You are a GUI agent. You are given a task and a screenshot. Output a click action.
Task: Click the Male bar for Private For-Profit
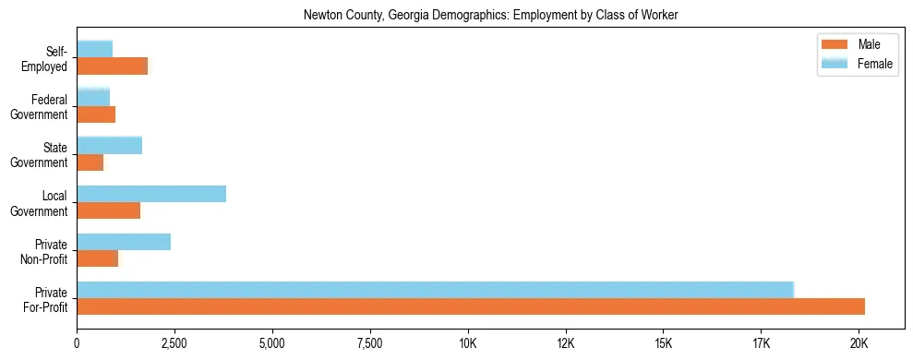tap(471, 306)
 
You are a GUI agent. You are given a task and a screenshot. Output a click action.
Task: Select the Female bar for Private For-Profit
tap(435, 290)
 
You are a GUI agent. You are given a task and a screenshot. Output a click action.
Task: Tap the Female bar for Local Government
tap(151, 194)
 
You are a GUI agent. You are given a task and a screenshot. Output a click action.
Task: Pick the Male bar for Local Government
tap(109, 210)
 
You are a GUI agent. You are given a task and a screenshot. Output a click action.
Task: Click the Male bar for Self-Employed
tap(113, 66)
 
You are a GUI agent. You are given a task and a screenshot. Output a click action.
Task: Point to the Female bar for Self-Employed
tap(95, 49)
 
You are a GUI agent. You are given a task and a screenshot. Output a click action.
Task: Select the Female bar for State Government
tap(110, 145)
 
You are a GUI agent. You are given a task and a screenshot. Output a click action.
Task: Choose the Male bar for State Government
tap(90, 162)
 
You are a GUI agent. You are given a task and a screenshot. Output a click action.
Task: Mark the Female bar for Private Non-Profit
tap(124, 242)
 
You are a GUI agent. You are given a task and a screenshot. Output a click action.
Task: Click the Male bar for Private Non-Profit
tap(98, 258)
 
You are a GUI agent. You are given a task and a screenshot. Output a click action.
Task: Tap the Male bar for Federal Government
tap(96, 114)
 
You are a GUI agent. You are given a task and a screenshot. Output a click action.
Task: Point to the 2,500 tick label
tap(174, 344)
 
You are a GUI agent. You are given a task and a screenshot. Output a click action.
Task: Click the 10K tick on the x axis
tap(468, 344)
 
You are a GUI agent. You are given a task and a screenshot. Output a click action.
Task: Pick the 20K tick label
tap(859, 344)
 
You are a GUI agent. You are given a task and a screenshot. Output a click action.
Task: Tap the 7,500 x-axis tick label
tap(370, 344)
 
